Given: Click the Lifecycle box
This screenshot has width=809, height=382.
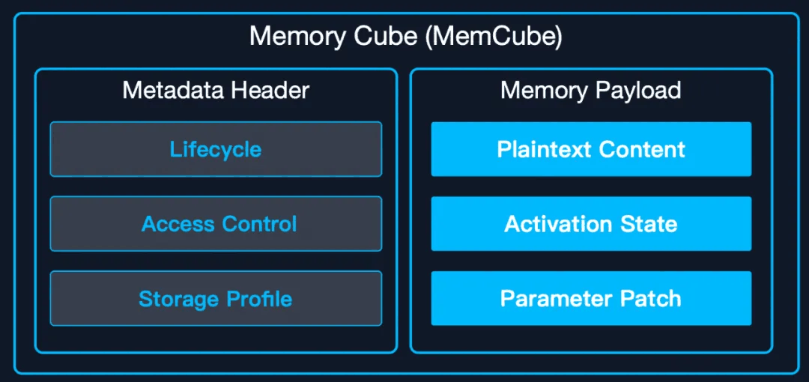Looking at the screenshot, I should (216, 149).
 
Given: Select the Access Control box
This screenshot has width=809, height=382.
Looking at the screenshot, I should (216, 224).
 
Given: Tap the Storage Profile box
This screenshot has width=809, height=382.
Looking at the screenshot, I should (216, 299).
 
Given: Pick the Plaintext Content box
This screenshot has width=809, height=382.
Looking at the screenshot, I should (591, 149).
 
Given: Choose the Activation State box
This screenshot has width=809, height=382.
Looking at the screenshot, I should (591, 224).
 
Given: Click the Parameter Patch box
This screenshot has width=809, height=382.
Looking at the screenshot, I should (591, 299).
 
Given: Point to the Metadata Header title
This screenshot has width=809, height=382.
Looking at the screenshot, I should (216, 91).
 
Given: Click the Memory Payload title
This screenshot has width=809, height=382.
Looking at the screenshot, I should (591, 91).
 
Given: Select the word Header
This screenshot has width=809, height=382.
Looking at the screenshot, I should (270, 91).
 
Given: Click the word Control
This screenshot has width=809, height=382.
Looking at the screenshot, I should (257, 224).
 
